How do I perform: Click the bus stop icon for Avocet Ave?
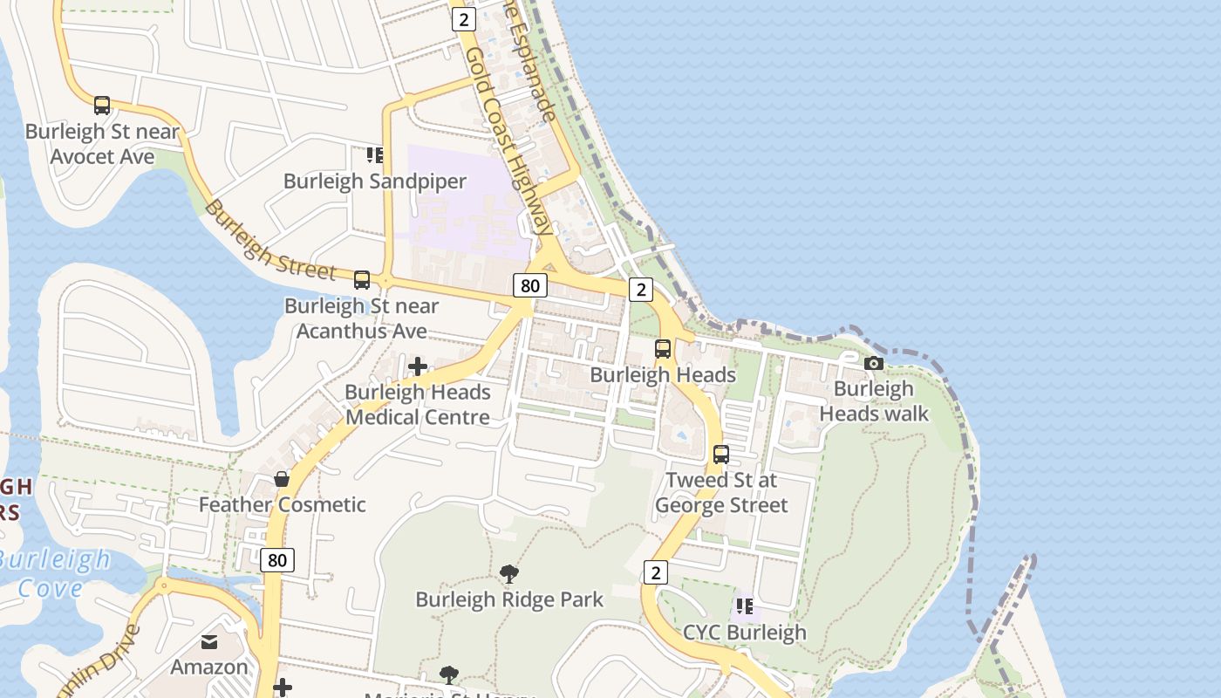102,106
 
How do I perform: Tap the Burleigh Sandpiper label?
375,181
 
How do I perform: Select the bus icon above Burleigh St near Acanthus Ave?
362,280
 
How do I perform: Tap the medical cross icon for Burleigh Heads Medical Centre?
418,366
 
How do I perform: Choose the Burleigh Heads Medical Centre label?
418,405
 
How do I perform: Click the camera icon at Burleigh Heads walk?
874,363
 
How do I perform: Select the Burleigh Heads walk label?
874,401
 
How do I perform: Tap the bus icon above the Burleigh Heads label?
663,349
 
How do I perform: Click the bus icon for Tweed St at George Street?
721,455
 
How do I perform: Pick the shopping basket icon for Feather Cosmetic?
282,479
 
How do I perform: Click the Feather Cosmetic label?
282,504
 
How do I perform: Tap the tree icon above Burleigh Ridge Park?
509,573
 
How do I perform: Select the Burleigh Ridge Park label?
509,599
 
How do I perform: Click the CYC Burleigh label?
744,633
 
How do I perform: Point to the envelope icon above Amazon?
209,642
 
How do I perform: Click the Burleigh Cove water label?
54,573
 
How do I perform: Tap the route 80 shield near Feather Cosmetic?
276,560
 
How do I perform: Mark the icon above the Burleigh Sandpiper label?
375,155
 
